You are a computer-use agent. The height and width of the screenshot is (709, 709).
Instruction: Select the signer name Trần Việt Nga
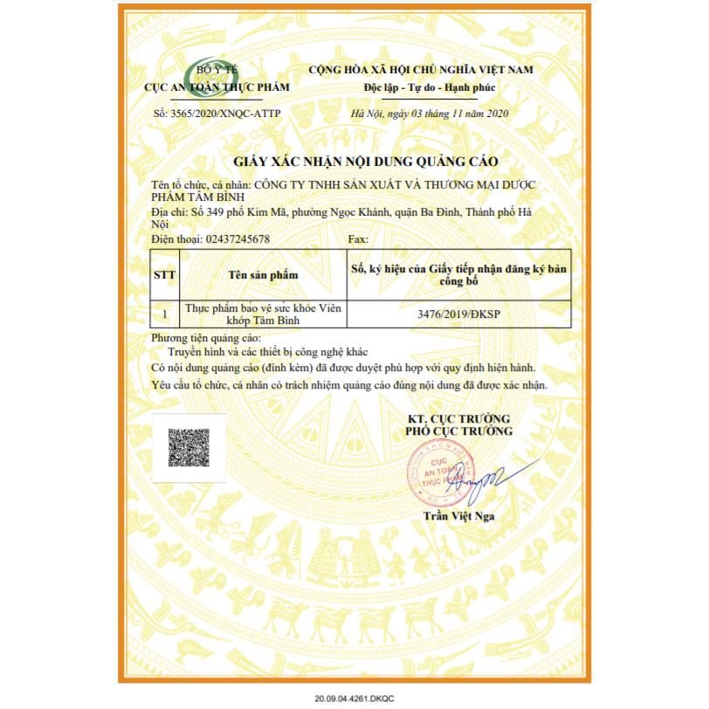(458, 517)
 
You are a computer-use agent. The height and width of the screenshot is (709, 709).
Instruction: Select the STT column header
(164, 274)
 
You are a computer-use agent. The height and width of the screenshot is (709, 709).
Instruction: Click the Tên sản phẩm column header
(263, 274)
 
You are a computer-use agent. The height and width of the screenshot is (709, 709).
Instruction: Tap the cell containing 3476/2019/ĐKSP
(458, 314)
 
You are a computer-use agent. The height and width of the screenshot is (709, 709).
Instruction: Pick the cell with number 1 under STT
(164, 314)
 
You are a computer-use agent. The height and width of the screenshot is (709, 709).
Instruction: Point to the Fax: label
(358, 238)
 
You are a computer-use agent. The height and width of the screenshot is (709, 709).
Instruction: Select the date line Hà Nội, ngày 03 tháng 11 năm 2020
(430, 114)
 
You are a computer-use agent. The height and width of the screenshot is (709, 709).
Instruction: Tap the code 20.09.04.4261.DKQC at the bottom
(354, 699)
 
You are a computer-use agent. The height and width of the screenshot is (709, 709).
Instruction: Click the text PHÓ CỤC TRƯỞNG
(458, 431)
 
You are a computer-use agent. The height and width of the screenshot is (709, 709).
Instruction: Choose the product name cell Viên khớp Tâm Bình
(263, 314)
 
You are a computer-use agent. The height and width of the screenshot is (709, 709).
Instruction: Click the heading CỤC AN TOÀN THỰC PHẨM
(217, 87)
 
